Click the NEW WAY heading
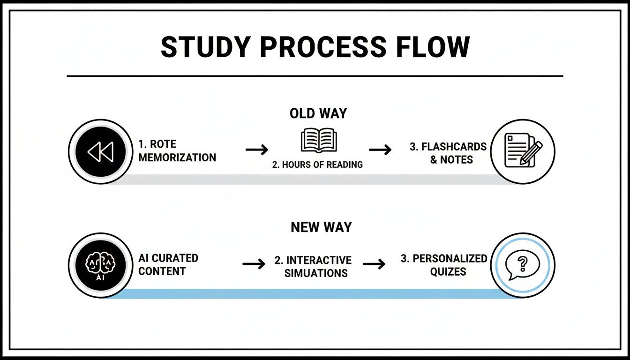321,227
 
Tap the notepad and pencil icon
523,150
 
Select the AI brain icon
100,265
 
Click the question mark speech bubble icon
523,265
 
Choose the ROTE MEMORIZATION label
177,151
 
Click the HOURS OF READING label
318,165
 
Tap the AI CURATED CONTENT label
168,264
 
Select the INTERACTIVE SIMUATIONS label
313,266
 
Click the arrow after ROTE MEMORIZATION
257,150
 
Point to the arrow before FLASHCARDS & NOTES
380,150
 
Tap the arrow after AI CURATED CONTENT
255,264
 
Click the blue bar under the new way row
309,294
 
